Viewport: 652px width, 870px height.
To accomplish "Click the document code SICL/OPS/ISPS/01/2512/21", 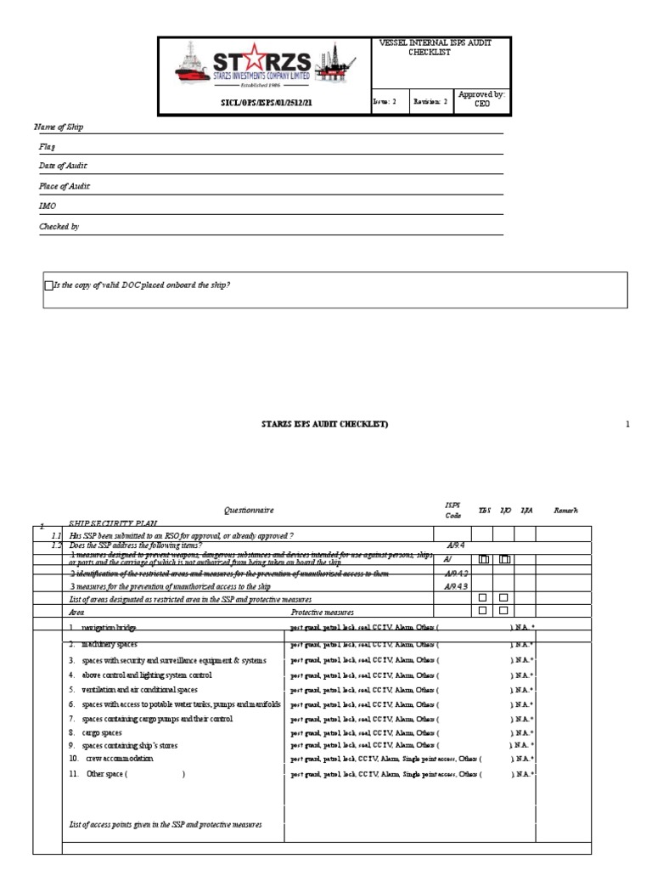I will pos(266,102).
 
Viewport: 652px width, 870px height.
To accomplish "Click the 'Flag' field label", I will pos(47,147).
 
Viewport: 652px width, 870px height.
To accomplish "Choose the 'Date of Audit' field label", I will pos(63,166).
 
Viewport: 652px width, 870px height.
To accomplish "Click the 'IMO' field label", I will pos(47,206).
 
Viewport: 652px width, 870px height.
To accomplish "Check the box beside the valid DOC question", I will pos(48,285).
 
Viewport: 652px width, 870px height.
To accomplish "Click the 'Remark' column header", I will pos(565,511).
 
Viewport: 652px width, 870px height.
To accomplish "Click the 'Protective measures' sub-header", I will pos(323,611).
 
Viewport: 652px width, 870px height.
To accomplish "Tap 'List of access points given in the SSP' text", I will pos(165,824).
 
